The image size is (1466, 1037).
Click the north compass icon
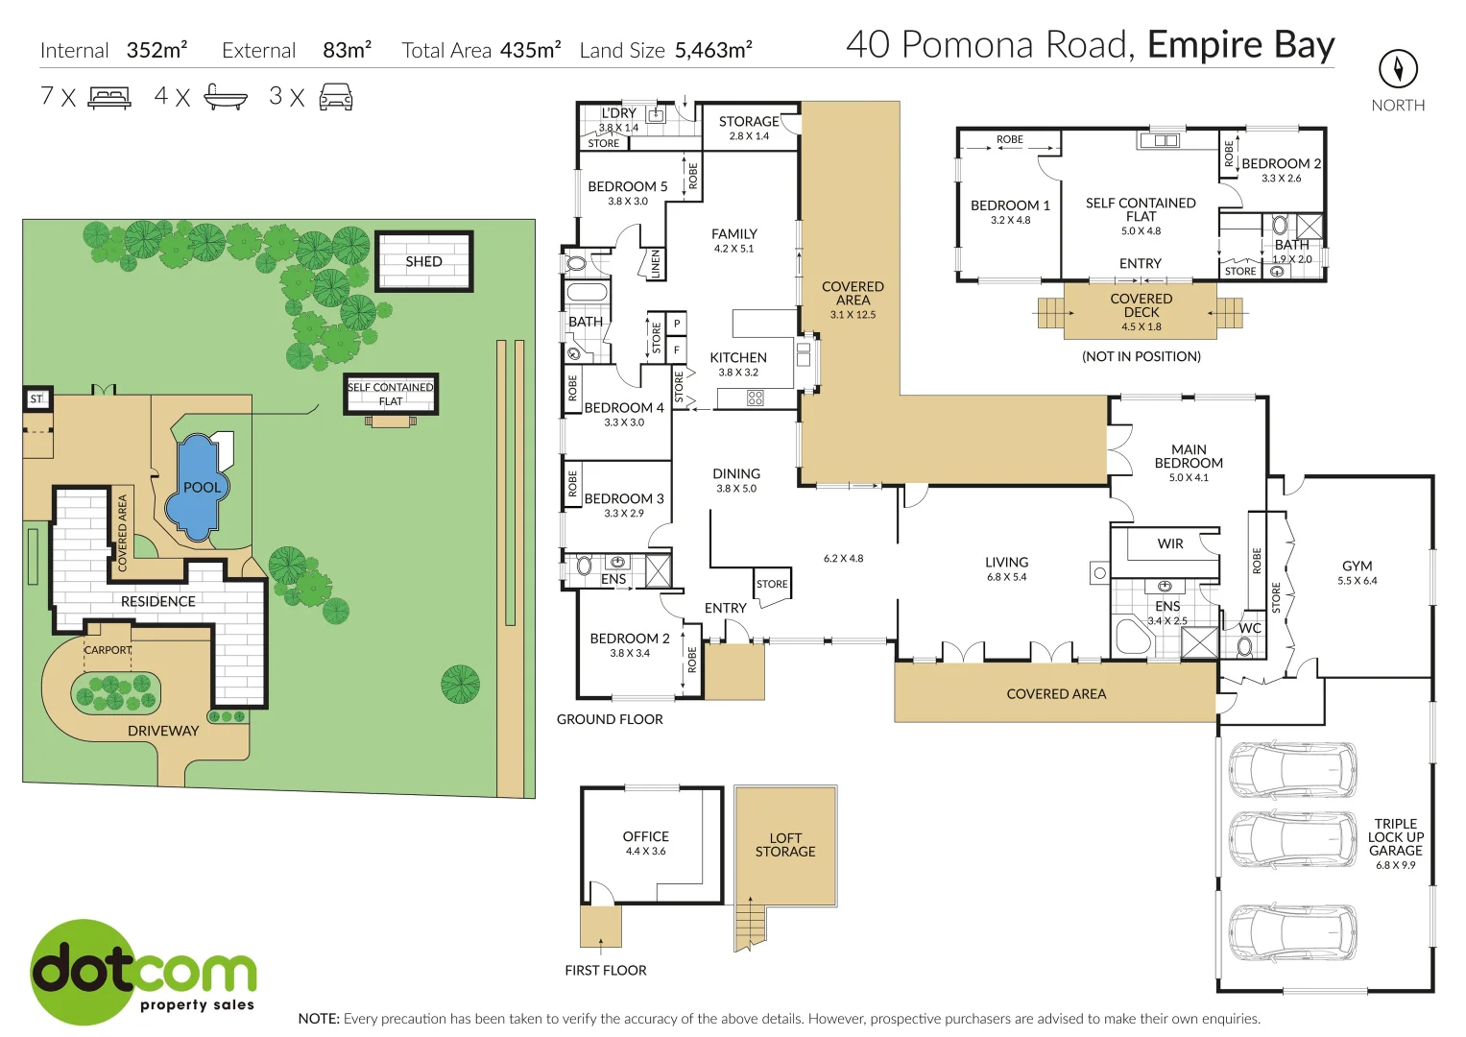click(1398, 69)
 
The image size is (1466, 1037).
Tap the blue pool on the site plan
click(200, 488)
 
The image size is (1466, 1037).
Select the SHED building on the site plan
click(423, 261)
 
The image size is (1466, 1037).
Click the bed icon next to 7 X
click(109, 97)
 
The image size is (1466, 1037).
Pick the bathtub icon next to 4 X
click(226, 97)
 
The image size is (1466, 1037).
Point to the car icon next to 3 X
click(335, 97)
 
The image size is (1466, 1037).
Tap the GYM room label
click(1357, 567)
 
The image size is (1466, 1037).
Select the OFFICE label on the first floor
click(645, 836)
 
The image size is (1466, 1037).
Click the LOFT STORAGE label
click(784, 845)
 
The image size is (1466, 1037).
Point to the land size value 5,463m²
click(713, 50)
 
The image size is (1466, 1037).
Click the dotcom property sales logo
click(143, 972)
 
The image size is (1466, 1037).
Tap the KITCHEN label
click(737, 357)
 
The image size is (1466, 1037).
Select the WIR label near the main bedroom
click(1169, 543)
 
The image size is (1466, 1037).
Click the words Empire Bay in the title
click(1240, 45)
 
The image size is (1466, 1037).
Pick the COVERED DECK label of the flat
click(1141, 305)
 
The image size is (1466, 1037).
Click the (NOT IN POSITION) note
click(1141, 356)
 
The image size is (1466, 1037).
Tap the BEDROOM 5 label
click(627, 186)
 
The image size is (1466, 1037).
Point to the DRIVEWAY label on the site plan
click(163, 731)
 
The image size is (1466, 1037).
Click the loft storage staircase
click(751, 924)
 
